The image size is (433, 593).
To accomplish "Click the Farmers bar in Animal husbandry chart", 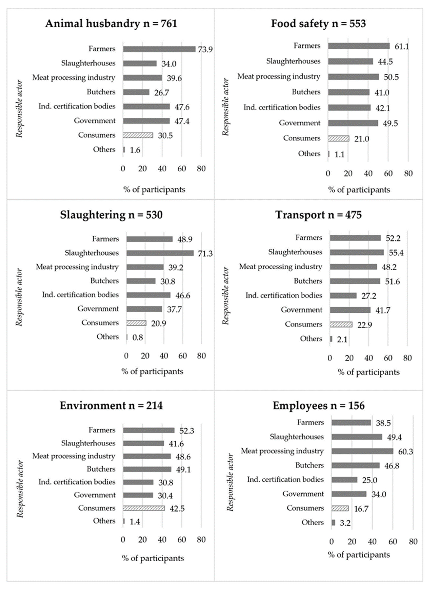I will [x=159, y=49].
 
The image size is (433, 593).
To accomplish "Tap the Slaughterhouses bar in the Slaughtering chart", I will [x=160, y=253].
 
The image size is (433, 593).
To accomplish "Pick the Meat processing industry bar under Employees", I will [x=362, y=451].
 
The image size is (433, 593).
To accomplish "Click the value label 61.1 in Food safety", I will [x=401, y=46].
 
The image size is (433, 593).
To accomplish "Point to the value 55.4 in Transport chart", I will [x=396, y=253].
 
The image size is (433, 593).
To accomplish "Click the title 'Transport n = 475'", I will [x=318, y=215].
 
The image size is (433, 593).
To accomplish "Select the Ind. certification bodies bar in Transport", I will [x=343, y=296].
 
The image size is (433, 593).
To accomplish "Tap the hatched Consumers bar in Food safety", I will [x=338, y=139].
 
